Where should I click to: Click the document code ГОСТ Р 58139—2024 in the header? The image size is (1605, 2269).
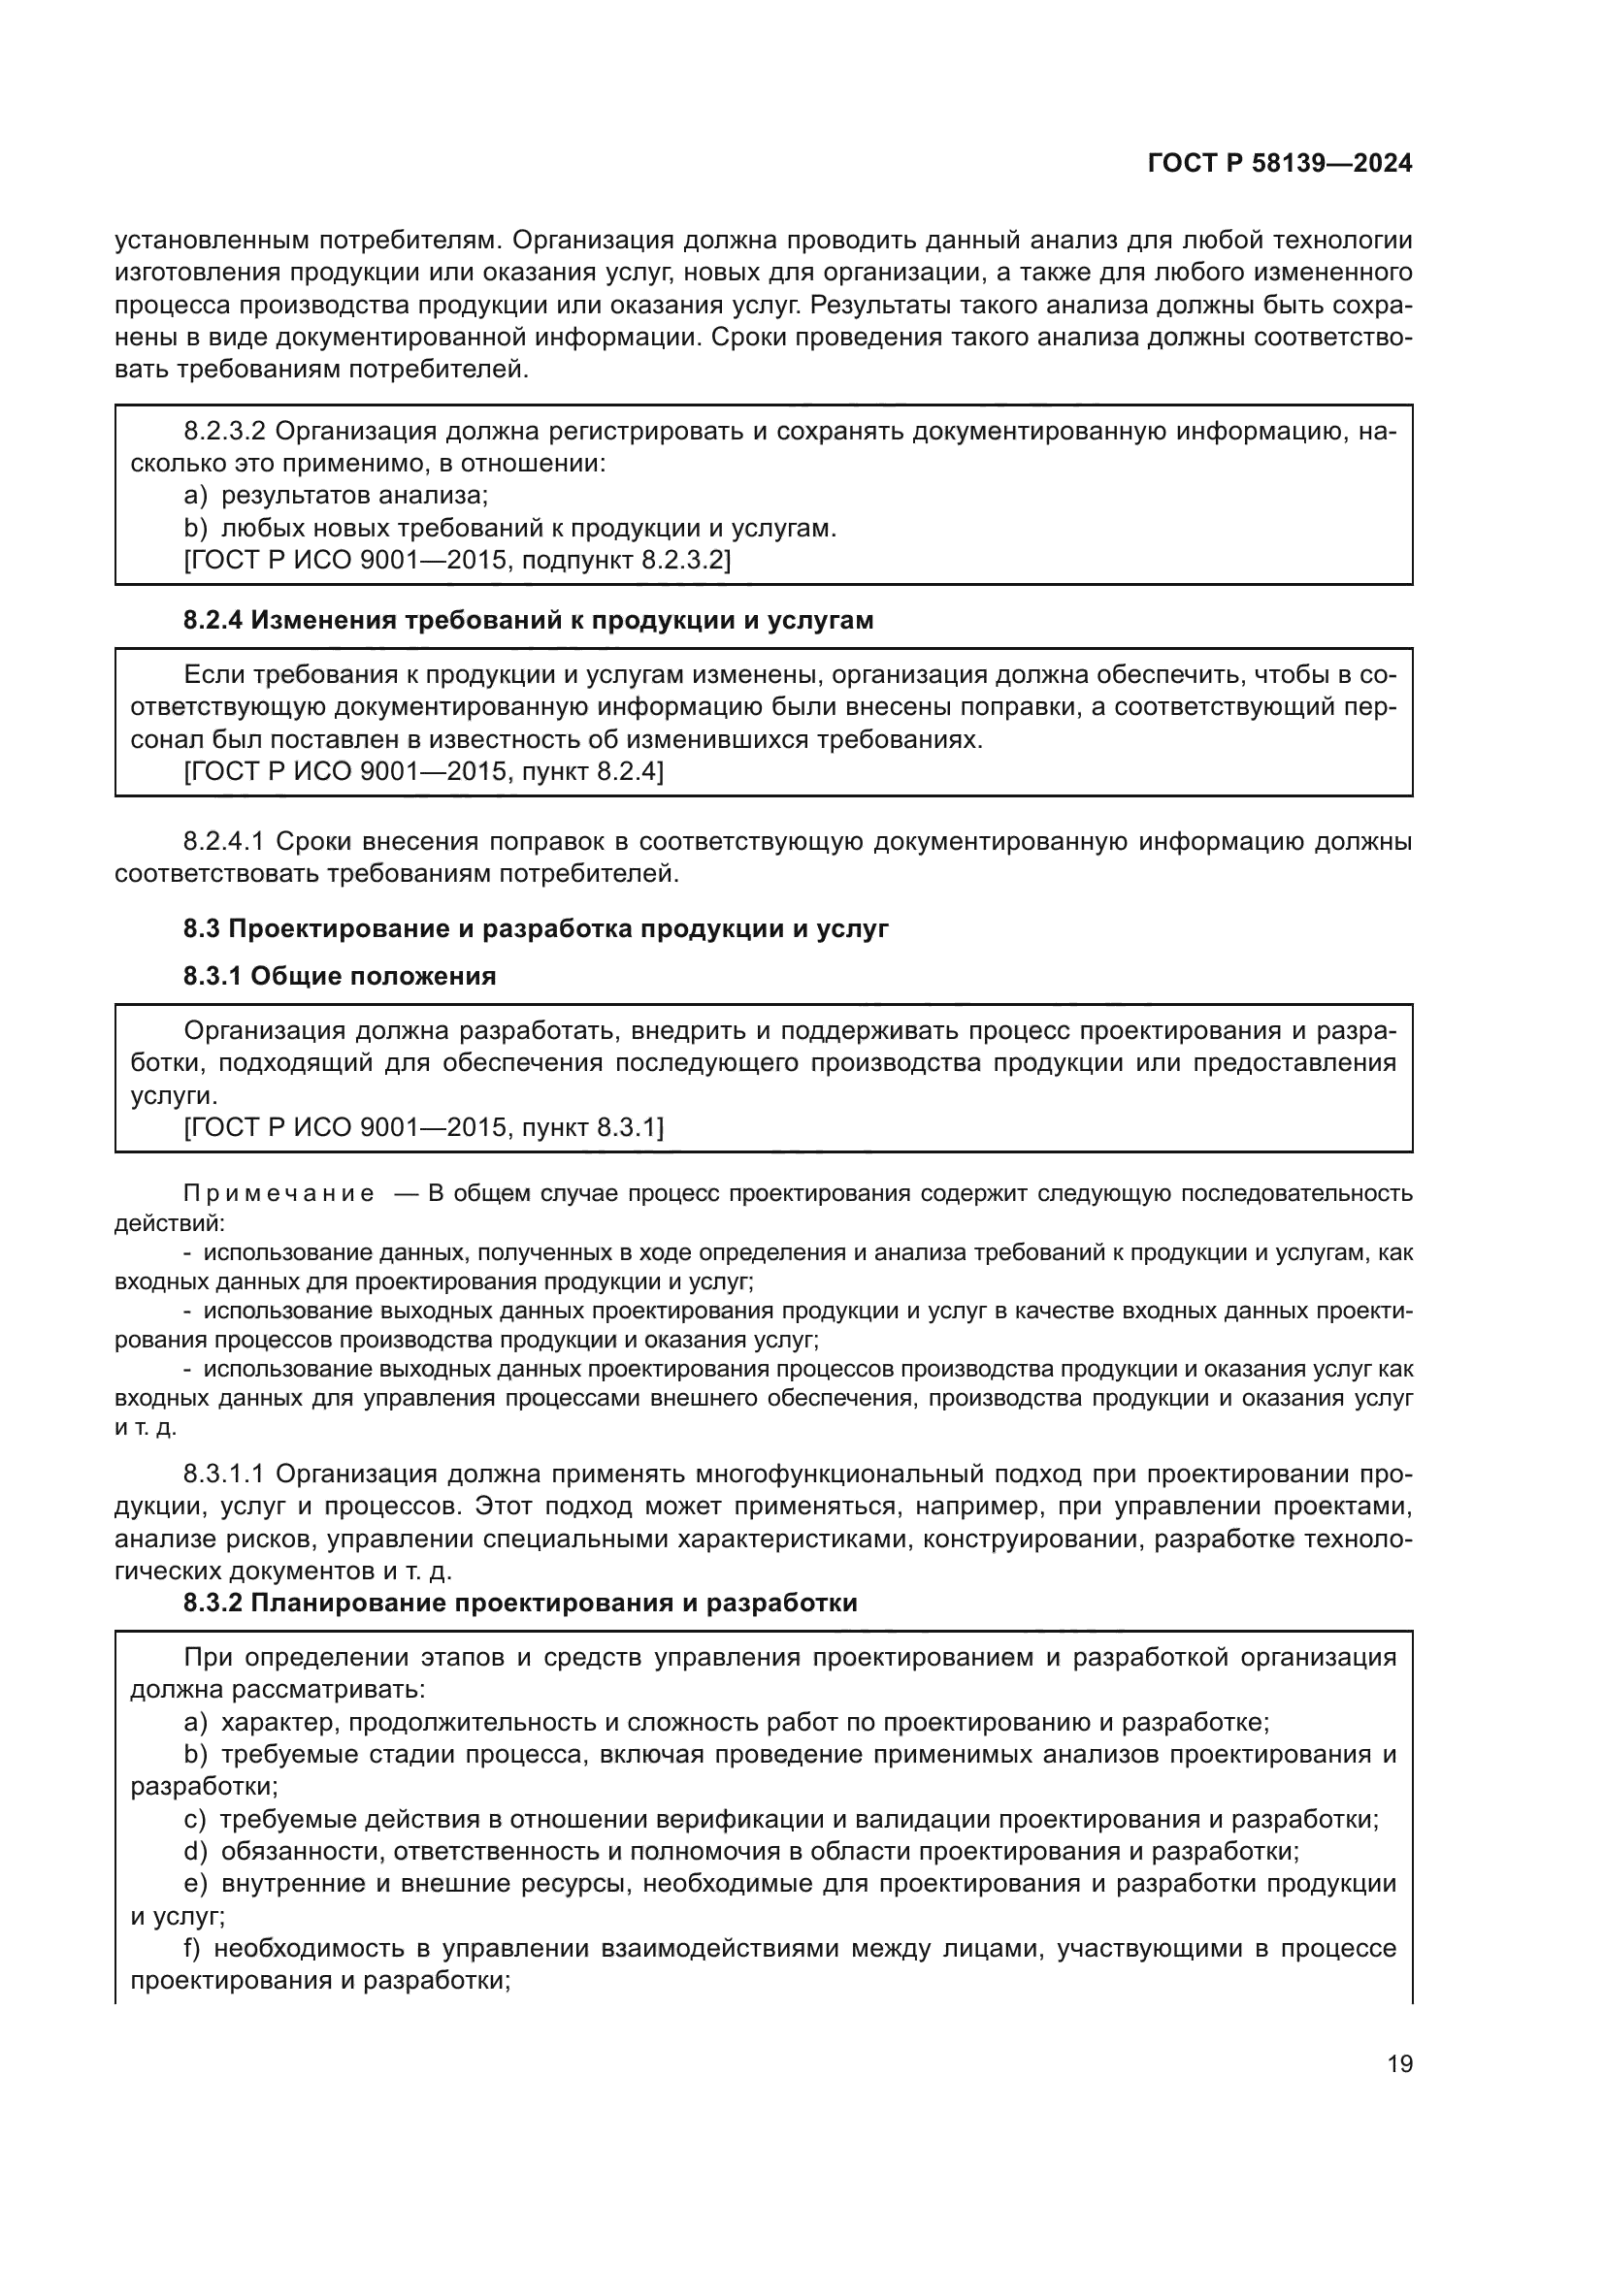tap(1280, 163)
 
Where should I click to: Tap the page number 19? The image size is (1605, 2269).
tap(1399, 2063)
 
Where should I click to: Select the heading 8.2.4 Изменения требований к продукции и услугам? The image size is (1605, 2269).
tap(529, 620)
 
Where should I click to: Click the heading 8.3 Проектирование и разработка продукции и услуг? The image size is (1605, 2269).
tap(536, 928)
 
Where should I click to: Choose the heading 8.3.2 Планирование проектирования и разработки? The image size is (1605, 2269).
tap(520, 1602)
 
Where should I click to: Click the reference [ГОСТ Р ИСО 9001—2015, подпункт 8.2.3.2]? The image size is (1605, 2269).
tap(457, 561)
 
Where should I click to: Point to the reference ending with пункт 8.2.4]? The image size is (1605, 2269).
tap(423, 771)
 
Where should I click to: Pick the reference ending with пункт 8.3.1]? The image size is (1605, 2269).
tap(423, 1126)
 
